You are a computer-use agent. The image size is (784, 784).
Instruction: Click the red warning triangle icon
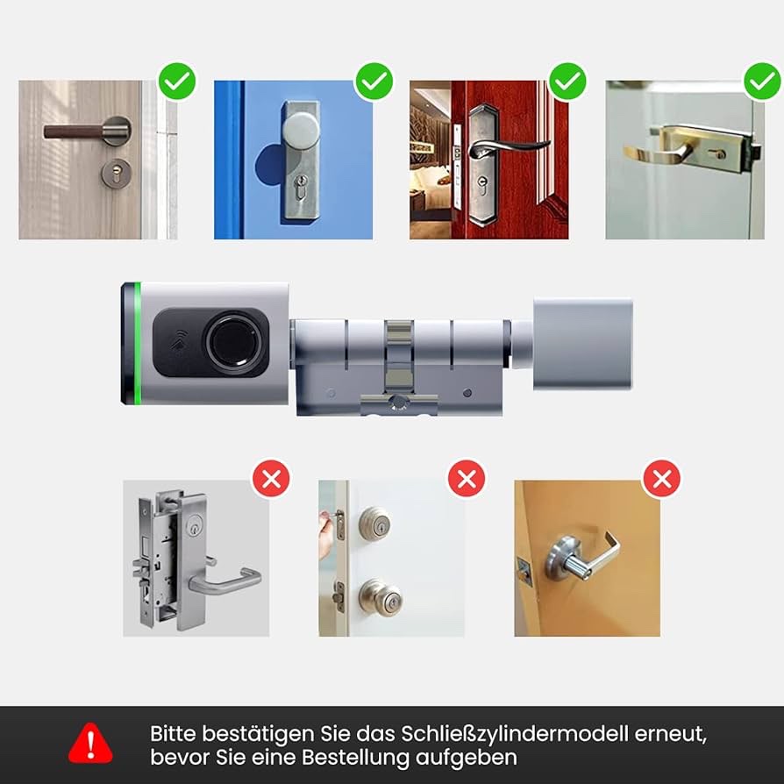90,743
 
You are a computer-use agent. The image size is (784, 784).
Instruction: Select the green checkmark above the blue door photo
374,81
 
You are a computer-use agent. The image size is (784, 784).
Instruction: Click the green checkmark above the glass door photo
762,81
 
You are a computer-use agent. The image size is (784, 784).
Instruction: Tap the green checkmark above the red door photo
567,81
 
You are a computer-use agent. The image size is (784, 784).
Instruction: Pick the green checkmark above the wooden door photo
177,81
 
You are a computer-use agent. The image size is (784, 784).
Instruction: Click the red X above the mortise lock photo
271,479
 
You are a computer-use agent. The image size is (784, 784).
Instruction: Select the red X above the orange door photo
661,479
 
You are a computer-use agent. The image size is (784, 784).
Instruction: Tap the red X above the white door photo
466,479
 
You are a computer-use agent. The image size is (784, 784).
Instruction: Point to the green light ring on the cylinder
137,343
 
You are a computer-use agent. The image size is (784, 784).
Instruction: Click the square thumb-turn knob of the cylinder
582,344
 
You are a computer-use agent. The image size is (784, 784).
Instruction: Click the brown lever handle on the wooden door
75,132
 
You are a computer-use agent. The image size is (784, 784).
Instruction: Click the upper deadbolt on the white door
374,524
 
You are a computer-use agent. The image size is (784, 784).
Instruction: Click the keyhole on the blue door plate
301,187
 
